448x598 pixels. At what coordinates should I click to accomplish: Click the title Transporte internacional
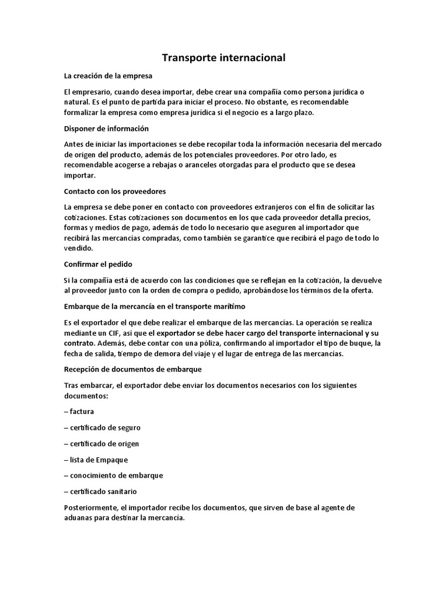pos(223,58)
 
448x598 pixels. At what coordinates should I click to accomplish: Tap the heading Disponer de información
pos(106,128)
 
